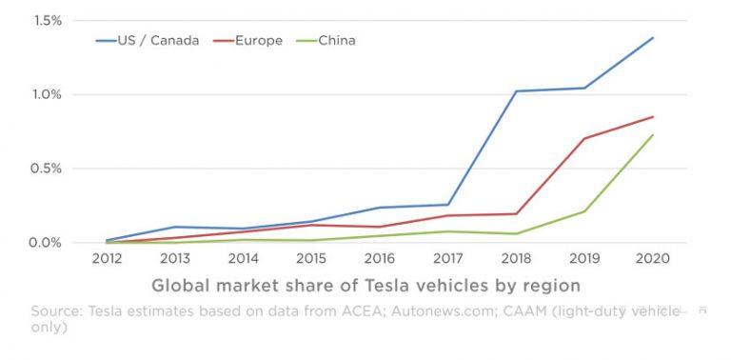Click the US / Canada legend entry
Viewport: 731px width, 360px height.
tap(147, 41)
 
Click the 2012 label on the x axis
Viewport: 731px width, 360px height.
tap(107, 259)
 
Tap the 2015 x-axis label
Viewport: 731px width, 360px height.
tap(311, 259)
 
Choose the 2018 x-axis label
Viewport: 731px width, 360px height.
tap(516, 259)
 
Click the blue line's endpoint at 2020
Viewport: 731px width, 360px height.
tap(653, 38)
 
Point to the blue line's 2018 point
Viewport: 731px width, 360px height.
tap(516, 91)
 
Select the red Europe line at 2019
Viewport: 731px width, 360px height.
tap(584, 139)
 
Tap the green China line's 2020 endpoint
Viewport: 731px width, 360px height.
tap(653, 135)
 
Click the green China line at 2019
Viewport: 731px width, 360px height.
tap(584, 211)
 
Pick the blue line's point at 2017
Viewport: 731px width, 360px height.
tap(448, 205)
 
